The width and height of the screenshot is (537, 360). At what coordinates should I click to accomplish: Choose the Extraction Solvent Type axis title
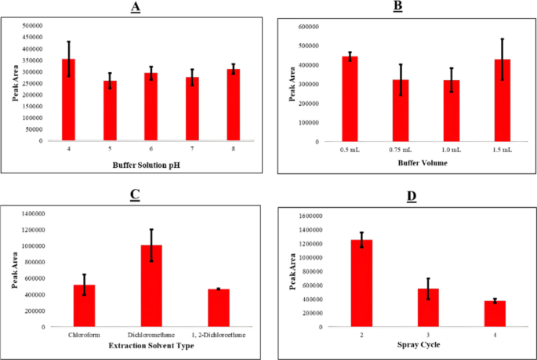[151, 345]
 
